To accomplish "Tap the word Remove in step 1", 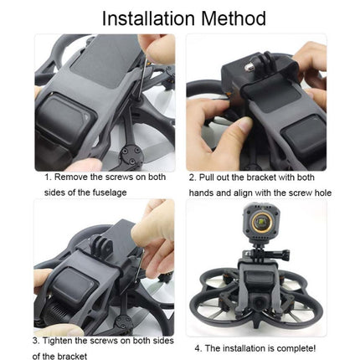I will (75, 177).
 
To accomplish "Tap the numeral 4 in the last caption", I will (198, 347).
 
